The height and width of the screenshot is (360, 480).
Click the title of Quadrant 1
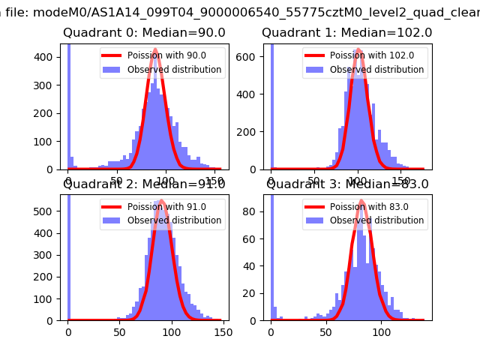coord(346,33)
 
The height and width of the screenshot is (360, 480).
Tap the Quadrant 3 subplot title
coord(347,184)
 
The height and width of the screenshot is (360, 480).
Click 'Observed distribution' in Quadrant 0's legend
coord(174,70)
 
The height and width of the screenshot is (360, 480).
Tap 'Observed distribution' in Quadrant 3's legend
coord(376,220)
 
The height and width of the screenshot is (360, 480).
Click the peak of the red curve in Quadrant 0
coord(155,50)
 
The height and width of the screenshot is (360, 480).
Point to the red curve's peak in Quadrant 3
coord(361,200)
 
